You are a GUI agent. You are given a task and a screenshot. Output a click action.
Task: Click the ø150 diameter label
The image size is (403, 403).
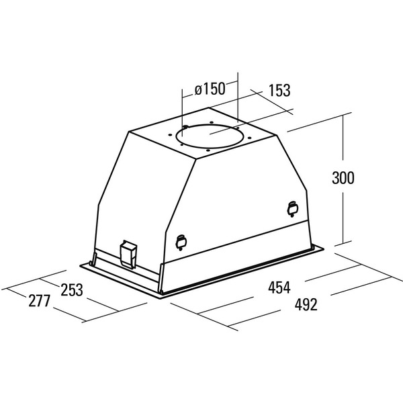(210, 89)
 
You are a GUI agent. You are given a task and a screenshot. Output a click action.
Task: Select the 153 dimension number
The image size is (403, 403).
(279, 91)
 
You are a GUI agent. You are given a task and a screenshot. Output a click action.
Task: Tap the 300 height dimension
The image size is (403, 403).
(343, 177)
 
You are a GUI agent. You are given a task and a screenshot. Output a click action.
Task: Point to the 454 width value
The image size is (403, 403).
(279, 287)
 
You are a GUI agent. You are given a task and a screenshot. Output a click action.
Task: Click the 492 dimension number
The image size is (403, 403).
(306, 305)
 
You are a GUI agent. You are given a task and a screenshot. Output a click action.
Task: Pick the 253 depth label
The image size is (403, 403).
(72, 290)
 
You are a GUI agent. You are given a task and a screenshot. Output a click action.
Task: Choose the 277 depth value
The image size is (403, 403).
(39, 301)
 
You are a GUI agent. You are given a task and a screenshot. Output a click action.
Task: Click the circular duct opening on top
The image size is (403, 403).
(209, 136)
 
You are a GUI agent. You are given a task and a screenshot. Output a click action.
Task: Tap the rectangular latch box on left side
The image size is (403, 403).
(128, 254)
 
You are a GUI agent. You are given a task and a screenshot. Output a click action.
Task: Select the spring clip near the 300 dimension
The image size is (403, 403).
(292, 208)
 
